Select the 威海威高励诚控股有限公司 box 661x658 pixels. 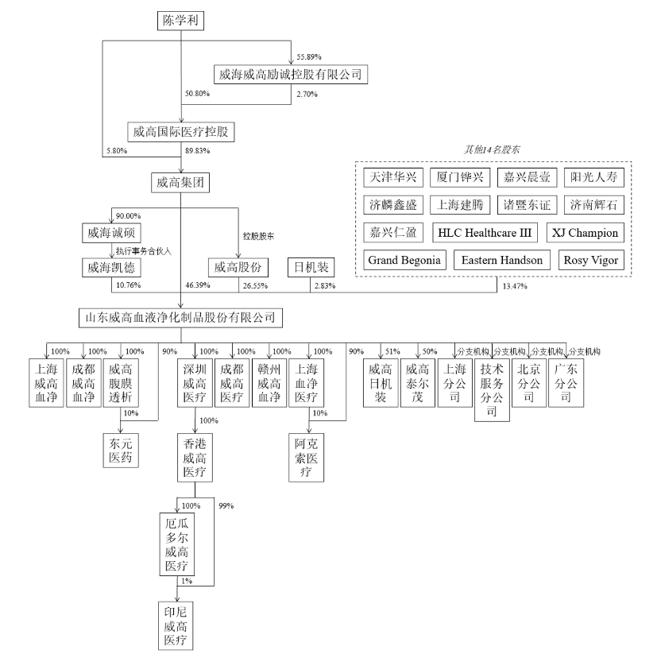(x=290, y=75)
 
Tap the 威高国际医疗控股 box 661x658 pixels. (x=182, y=132)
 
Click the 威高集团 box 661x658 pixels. (x=180, y=182)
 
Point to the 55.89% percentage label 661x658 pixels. (x=308, y=57)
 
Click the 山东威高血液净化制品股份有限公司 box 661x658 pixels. (x=180, y=318)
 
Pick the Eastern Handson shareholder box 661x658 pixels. (x=502, y=260)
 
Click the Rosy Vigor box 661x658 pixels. (x=589, y=260)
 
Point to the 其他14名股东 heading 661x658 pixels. (x=492, y=149)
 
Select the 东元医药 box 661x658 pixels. (x=121, y=450)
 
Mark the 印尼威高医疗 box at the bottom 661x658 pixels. (x=176, y=625)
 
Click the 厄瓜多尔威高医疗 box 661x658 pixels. (x=176, y=545)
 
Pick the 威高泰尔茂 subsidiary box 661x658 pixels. (x=419, y=383)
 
